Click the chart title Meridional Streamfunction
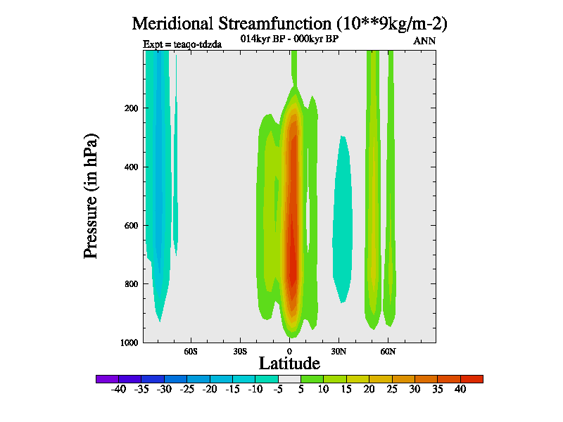(x=290, y=23)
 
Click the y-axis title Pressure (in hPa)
(x=91, y=194)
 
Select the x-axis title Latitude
(x=289, y=363)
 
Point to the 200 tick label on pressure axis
(x=132, y=108)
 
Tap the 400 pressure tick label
(x=132, y=167)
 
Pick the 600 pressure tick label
(x=132, y=226)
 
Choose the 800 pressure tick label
(x=132, y=284)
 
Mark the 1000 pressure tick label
(x=129, y=343)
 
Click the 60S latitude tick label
(x=191, y=350)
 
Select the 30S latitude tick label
(x=240, y=350)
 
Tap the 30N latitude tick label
(x=339, y=350)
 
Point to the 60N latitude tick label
(x=388, y=350)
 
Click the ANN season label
(x=424, y=41)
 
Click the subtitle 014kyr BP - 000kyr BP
(x=289, y=39)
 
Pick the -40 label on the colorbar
(x=118, y=389)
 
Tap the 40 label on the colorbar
(x=460, y=389)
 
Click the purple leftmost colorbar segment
(x=107, y=378)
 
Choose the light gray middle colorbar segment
(x=289, y=378)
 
